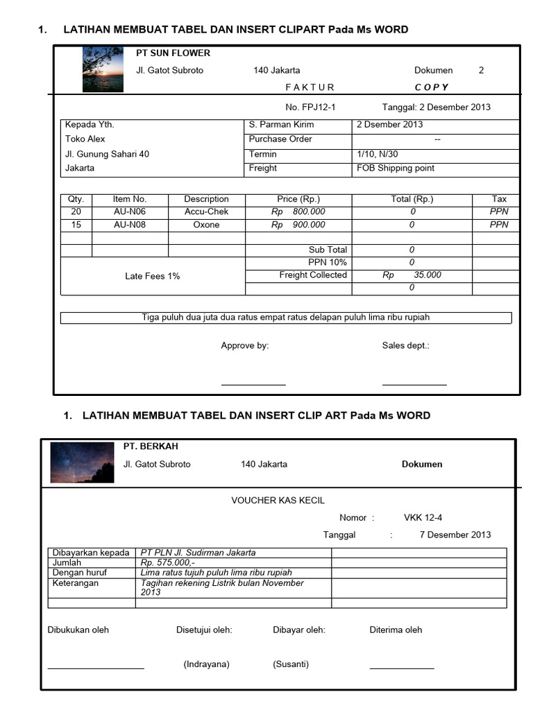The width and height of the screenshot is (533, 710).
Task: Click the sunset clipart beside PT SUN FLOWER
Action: [103, 69]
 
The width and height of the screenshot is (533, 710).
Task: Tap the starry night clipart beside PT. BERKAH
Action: [82, 462]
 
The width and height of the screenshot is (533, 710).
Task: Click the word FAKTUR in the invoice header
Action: [310, 87]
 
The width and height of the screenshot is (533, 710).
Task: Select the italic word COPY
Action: [432, 87]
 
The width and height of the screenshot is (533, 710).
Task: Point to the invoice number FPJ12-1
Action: [310, 107]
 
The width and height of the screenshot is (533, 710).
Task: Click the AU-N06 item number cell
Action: [130, 211]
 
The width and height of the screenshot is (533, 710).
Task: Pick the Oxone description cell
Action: [206, 225]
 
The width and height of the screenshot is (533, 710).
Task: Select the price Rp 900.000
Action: [298, 225]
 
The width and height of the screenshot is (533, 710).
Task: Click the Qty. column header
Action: [76, 199]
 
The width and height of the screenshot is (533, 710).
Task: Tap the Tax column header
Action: [499, 199]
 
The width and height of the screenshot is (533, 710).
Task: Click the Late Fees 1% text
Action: [152, 276]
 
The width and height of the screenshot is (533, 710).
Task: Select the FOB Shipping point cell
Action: [396, 168]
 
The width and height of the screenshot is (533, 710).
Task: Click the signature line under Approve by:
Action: [253, 384]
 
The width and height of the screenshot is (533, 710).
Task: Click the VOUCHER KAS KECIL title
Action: [278, 501]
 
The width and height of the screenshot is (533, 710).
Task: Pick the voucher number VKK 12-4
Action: [423, 517]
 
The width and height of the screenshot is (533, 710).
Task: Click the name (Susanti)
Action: [291, 664]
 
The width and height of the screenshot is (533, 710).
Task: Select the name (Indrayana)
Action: [206, 664]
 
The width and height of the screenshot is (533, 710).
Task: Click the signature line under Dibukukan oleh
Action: [96, 668]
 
